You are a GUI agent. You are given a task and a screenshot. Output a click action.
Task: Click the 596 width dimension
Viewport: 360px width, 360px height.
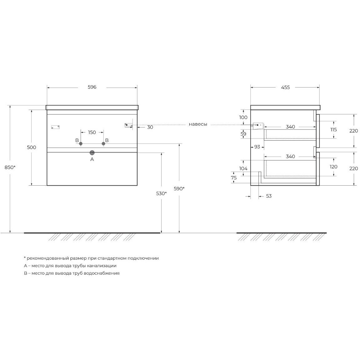pos(92,87)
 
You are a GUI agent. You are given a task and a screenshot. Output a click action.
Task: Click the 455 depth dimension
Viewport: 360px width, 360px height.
pos(285,87)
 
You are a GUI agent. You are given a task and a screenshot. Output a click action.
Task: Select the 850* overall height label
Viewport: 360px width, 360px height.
pos(10,167)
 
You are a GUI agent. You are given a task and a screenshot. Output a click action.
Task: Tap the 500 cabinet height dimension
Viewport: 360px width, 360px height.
pos(32,147)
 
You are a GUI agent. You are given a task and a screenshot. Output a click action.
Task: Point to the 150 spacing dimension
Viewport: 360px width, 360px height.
pos(92,132)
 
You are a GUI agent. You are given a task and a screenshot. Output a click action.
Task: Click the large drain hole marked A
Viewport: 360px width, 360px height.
pos(92,152)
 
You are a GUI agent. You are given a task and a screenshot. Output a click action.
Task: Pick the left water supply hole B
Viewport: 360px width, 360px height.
pos(81,143)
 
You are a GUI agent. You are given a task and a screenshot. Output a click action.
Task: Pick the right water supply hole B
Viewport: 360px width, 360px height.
pos(103,143)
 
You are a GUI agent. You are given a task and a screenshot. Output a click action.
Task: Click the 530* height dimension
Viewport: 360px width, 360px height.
pos(161,193)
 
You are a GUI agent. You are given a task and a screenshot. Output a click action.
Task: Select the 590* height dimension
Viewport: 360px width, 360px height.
pos(179,189)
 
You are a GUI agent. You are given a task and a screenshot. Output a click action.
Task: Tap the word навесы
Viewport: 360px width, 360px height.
pos(198,124)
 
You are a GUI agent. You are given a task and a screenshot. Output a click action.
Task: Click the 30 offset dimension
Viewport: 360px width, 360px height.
pos(150,127)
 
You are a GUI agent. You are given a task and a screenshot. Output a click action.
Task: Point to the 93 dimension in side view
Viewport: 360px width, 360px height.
pos(257,147)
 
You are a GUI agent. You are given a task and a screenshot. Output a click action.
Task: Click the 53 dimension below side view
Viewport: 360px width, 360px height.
pos(269,196)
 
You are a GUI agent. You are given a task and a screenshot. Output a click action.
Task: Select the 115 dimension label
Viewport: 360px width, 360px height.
pos(333,129)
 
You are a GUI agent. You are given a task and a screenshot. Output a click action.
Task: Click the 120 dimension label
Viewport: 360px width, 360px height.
pos(333,167)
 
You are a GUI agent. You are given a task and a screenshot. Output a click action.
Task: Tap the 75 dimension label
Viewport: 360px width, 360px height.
pos(234,178)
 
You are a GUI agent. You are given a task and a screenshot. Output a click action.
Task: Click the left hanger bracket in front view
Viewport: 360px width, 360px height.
pos(55,127)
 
